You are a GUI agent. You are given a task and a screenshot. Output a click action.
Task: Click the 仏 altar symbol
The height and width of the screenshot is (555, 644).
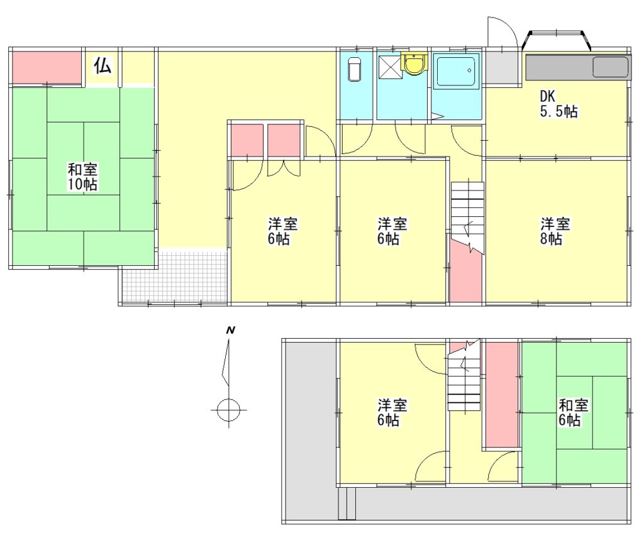[x=103, y=65]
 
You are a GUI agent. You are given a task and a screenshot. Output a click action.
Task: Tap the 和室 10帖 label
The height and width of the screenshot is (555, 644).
[x=82, y=177]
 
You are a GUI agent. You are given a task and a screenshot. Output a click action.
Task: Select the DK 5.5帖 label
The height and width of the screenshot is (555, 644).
[x=558, y=104]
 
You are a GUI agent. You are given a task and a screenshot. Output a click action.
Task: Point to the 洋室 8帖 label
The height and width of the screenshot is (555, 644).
[x=555, y=231]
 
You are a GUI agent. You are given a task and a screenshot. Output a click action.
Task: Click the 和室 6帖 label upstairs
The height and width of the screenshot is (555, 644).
[x=574, y=412]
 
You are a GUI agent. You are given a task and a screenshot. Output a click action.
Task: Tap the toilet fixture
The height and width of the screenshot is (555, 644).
[x=355, y=69]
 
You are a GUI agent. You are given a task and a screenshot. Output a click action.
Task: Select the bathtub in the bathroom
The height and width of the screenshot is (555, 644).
[x=456, y=71]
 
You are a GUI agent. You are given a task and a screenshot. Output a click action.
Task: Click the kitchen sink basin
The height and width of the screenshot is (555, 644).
[x=611, y=67]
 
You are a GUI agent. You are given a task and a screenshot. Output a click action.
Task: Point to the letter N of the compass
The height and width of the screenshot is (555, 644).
[x=231, y=330]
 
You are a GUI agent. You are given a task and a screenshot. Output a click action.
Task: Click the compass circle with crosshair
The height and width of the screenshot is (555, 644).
[x=228, y=410]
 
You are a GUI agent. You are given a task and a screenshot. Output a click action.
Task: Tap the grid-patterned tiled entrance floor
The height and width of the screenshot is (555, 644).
[x=175, y=276]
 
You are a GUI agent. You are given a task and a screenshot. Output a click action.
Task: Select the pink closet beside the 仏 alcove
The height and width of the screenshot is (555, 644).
[x=45, y=67]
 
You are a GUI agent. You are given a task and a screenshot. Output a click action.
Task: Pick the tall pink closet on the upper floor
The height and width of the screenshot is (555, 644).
[x=502, y=394]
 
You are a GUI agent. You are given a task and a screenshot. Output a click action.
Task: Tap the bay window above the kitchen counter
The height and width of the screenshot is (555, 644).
[x=557, y=40]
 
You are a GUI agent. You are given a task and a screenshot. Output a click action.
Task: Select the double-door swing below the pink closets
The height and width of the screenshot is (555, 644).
[x=284, y=168]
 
